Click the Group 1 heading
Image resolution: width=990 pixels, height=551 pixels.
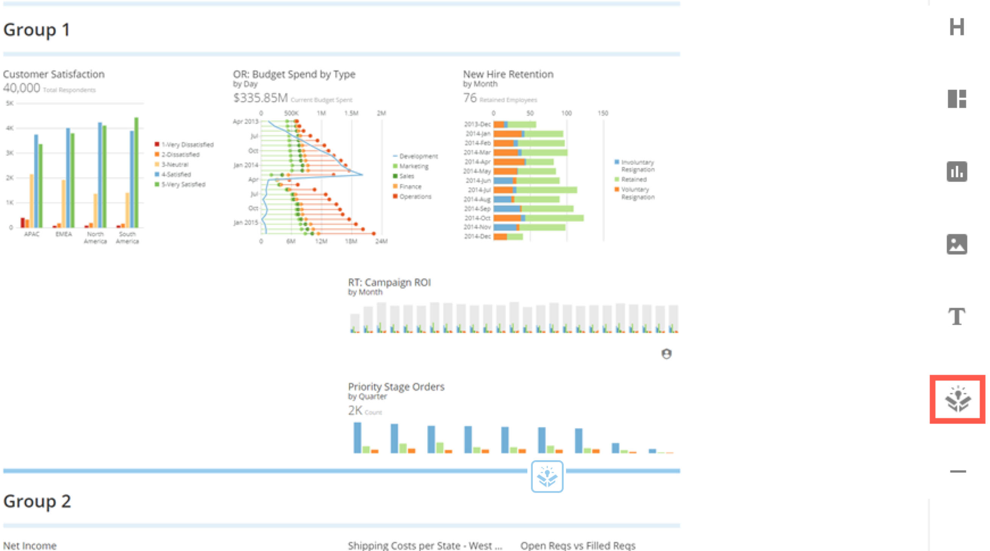(x=36, y=30)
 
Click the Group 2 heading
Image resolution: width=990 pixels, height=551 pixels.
(x=37, y=501)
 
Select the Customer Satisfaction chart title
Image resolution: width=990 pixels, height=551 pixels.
(x=54, y=74)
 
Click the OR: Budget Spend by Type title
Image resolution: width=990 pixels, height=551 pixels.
(x=294, y=74)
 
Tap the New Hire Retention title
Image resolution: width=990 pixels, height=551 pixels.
(x=508, y=74)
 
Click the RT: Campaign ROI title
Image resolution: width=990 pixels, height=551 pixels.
(x=389, y=283)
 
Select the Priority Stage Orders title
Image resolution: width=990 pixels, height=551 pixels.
(x=396, y=387)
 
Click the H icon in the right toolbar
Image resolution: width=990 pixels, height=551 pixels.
(x=957, y=27)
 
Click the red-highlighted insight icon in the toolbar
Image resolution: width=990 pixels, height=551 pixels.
(x=957, y=399)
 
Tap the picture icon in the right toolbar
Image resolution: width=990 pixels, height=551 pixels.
(x=957, y=244)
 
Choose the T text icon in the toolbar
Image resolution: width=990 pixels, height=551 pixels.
(x=957, y=317)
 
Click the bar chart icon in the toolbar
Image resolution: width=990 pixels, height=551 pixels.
(x=957, y=172)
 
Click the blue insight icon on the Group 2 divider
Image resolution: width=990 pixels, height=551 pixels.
(x=547, y=476)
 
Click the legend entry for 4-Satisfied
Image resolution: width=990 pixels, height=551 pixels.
(x=176, y=175)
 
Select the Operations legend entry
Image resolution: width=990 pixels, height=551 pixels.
(x=415, y=196)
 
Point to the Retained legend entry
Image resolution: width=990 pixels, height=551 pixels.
(x=634, y=180)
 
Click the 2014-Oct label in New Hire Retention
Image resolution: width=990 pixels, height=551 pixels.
(x=477, y=218)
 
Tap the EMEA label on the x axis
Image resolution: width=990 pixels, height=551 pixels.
(x=63, y=234)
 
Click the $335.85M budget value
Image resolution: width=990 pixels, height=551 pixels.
(x=261, y=98)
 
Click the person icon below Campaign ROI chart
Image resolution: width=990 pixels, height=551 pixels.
(x=666, y=353)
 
